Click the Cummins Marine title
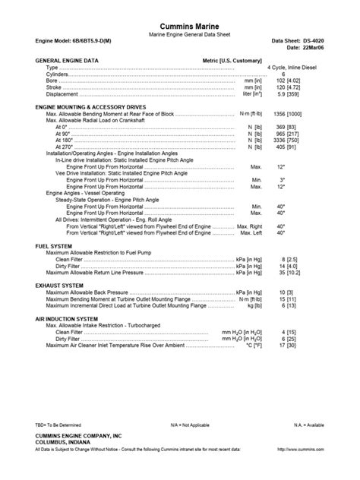coord(179,27)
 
